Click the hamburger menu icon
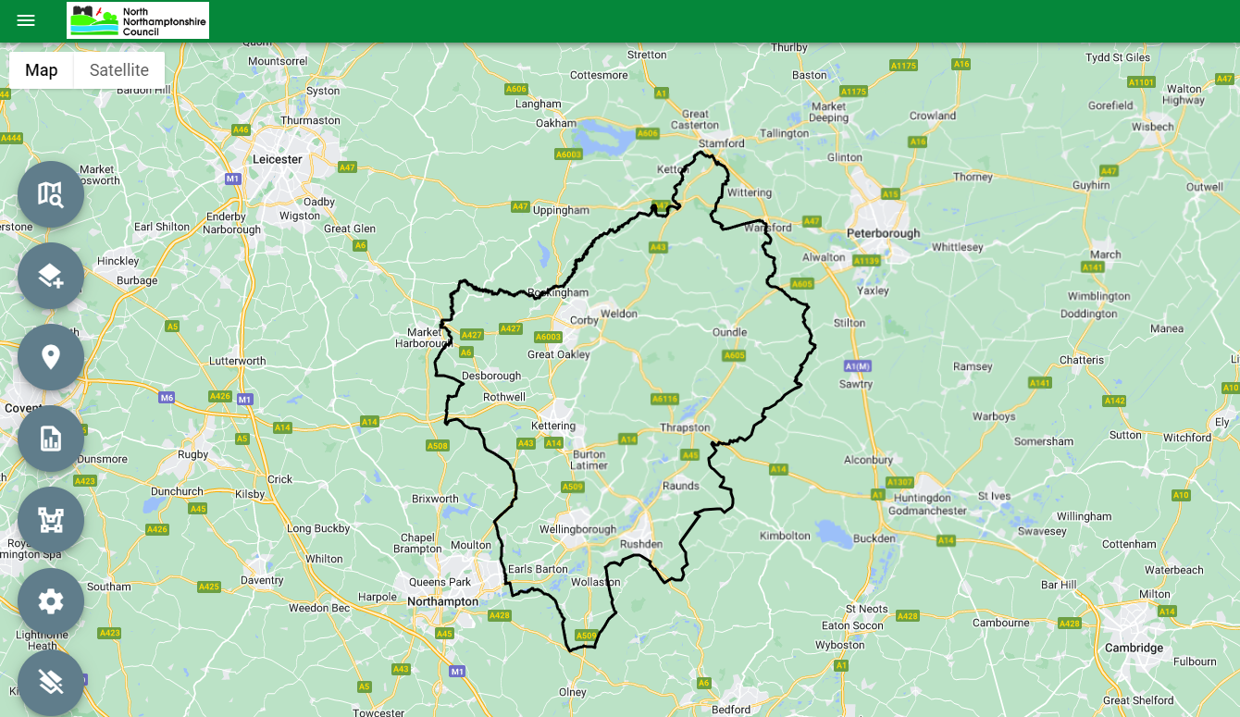[26, 20]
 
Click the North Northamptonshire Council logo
[138, 20]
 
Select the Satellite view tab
[119, 70]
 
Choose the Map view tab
[42, 70]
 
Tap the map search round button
[51, 194]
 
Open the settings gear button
[51, 601]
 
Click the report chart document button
[51, 439]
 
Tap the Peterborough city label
[884, 234]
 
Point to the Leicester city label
[278, 159]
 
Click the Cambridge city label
[1134, 648]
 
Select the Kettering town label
[553, 426]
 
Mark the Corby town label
[585, 321]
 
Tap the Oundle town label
[729, 332]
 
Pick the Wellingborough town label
[577, 530]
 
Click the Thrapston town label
[685, 427]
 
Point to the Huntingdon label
[923, 499]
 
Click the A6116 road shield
[664, 400]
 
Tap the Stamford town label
[722, 143]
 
